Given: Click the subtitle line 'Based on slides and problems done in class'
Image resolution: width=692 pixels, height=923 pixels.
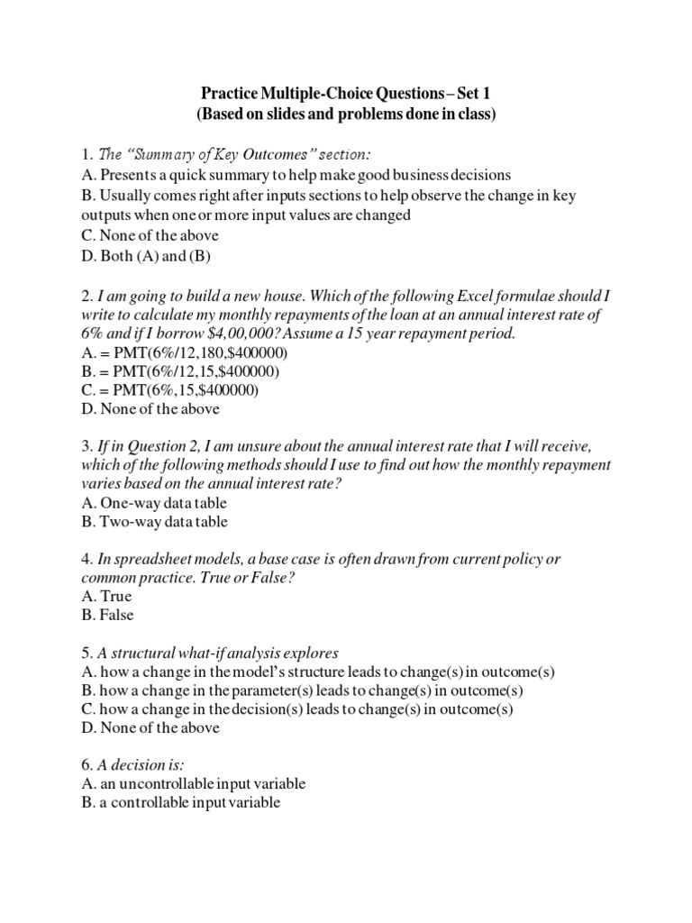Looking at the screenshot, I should [346, 114].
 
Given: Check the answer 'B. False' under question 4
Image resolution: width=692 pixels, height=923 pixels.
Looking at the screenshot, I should [107, 615].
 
